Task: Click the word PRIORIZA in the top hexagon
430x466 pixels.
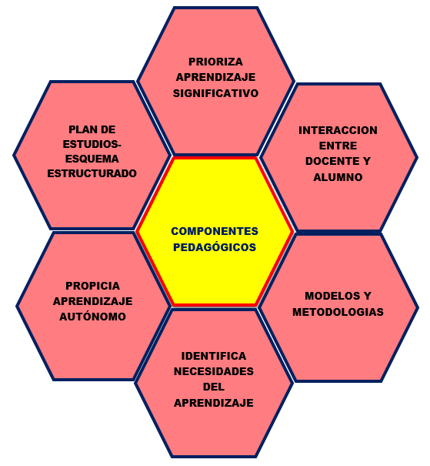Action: pos(215,62)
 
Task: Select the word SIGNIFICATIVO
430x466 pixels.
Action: pos(215,93)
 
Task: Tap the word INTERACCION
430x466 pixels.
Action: pos(338,130)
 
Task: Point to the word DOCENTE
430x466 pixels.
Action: pos(328,161)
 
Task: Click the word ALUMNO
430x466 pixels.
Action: pos(338,177)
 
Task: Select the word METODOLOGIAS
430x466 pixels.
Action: pos(338,312)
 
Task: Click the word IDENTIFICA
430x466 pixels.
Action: pos(214,356)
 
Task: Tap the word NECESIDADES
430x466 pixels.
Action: pos(214,371)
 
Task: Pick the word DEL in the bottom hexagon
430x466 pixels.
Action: pos(214,387)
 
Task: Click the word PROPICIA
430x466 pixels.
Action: pos(92,286)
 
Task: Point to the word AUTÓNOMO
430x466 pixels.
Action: pos(92,317)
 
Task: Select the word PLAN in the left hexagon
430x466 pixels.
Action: pos(80,129)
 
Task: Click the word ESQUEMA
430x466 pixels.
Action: pos(92,159)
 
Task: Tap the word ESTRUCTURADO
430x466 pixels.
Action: pos(92,173)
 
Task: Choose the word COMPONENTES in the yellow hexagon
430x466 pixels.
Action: pos(215,231)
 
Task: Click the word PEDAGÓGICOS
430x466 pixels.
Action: pos(215,247)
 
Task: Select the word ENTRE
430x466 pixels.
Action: pos(338,146)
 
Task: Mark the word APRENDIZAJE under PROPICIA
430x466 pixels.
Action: pos(92,301)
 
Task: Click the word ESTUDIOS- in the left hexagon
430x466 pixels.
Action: pos(92,144)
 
